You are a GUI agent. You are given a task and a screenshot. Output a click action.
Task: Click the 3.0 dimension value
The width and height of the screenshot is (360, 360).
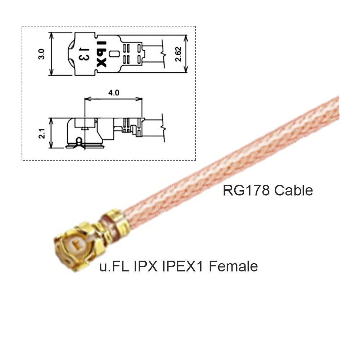42,54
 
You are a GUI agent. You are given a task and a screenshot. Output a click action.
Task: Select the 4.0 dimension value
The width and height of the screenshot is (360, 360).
114,93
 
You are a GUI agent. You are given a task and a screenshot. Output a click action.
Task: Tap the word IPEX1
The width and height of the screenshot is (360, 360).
183,266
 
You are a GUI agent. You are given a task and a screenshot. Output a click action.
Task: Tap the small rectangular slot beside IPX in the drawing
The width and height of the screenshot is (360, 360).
114,54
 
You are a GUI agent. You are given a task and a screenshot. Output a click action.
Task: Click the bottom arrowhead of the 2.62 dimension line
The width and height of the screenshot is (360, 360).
186,71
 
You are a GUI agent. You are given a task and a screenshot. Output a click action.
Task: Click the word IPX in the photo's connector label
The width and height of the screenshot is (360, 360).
143,266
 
